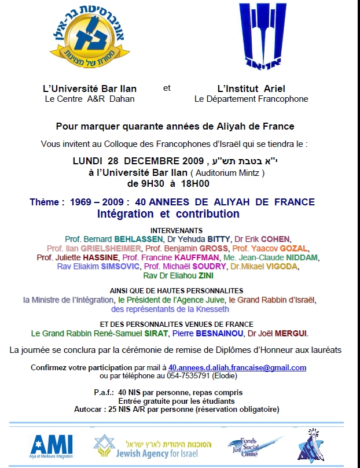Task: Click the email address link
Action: coord(237,367)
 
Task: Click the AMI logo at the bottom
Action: coord(52,444)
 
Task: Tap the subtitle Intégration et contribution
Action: coord(168,214)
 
